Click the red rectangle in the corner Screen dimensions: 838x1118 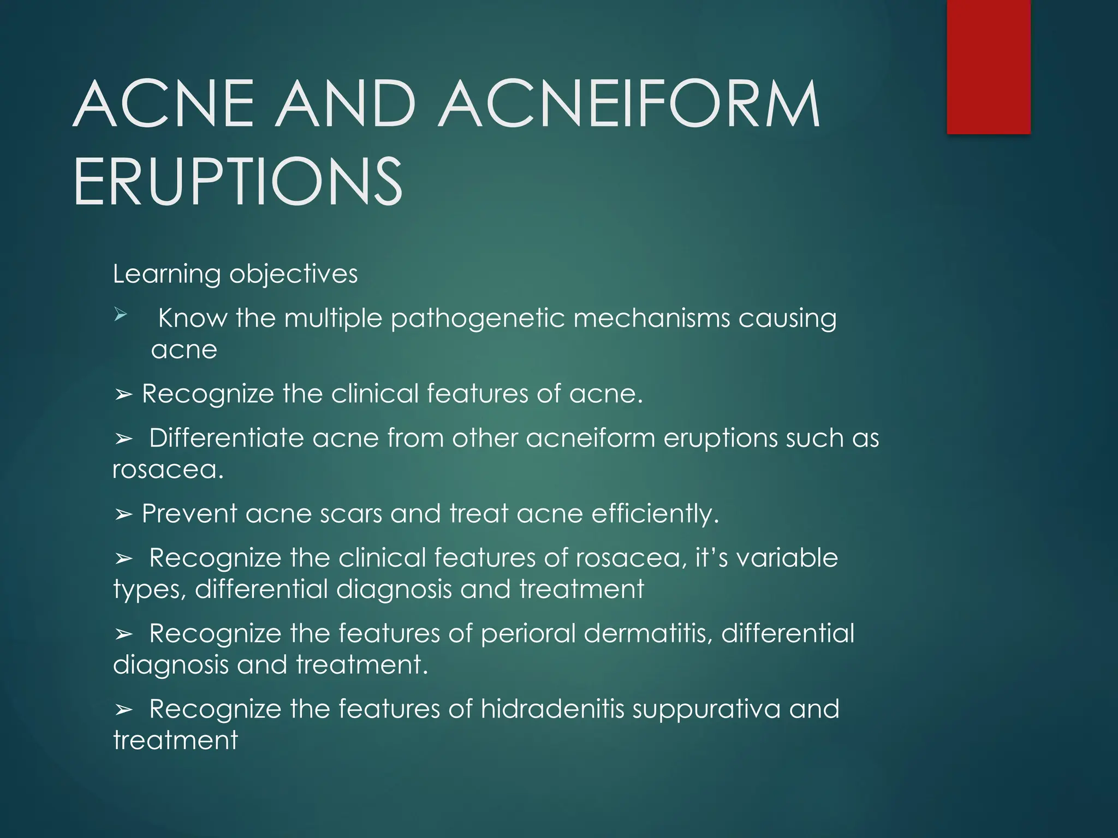[x=989, y=67]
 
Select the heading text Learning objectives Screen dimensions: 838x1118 [x=235, y=274]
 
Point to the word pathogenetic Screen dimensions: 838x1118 [x=478, y=319]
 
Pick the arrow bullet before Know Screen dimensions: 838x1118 [x=121, y=315]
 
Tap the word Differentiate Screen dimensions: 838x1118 [x=226, y=438]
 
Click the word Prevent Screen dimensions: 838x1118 [x=189, y=513]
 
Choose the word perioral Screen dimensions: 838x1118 [x=528, y=634]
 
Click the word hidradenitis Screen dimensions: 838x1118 [x=552, y=709]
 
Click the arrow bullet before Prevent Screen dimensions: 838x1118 [x=124, y=514]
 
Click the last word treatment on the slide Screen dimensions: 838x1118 [x=175, y=741]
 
